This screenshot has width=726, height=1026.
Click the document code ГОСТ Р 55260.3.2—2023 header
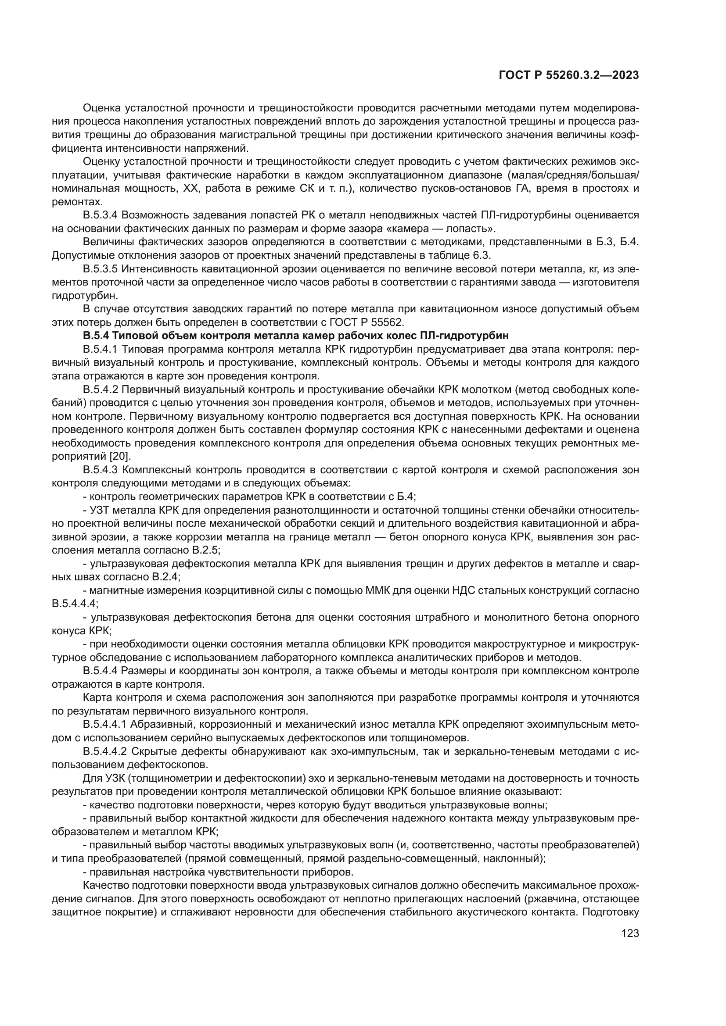coord(568,75)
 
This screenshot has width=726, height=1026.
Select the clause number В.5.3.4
coord(100,215)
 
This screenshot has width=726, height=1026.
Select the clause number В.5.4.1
coord(100,349)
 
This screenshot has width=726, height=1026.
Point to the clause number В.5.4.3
coord(100,470)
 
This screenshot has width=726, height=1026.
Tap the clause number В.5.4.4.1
coord(104,724)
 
